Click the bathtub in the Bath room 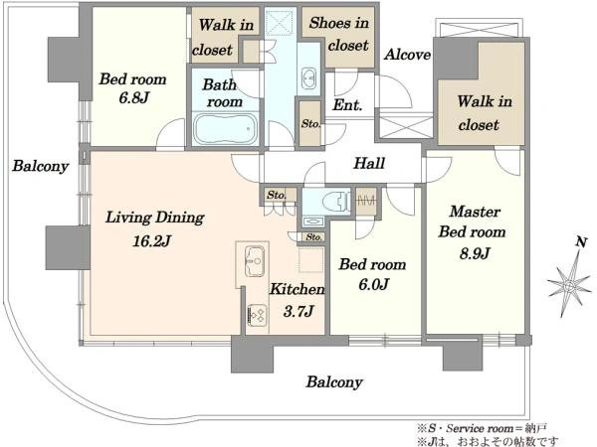(x=226, y=128)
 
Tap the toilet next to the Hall (x=336, y=201)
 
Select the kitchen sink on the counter (x=255, y=261)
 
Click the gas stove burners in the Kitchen (x=257, y=315)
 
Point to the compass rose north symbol (x=569, y=284)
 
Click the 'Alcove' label (x=407, y=55)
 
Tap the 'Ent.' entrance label (x=347, y=104)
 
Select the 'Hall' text (x=369, y=163)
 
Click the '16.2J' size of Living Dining (x=152, y=241)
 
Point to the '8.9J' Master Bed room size (x=474, y=253)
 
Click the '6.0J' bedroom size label (x=373, y=284)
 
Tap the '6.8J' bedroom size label (x=133, y=97)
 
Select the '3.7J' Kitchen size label (x=298, y=311)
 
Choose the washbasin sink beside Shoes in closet (x=308, y=78)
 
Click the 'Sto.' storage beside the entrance (x=310, y=123)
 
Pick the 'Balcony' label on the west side (x=41, y=166)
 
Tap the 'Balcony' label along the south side (x=334, y=382)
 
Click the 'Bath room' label (x=222, y=93)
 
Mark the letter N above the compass (x=581, y=242)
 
